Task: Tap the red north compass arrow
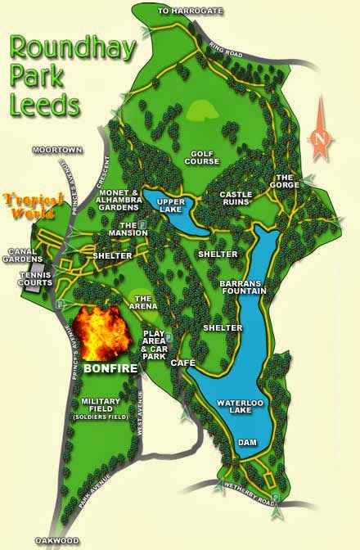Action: (321, 132)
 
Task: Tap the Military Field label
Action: (102, 406)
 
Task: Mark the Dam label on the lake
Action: (247, 443)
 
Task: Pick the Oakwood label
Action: (56, 541)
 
